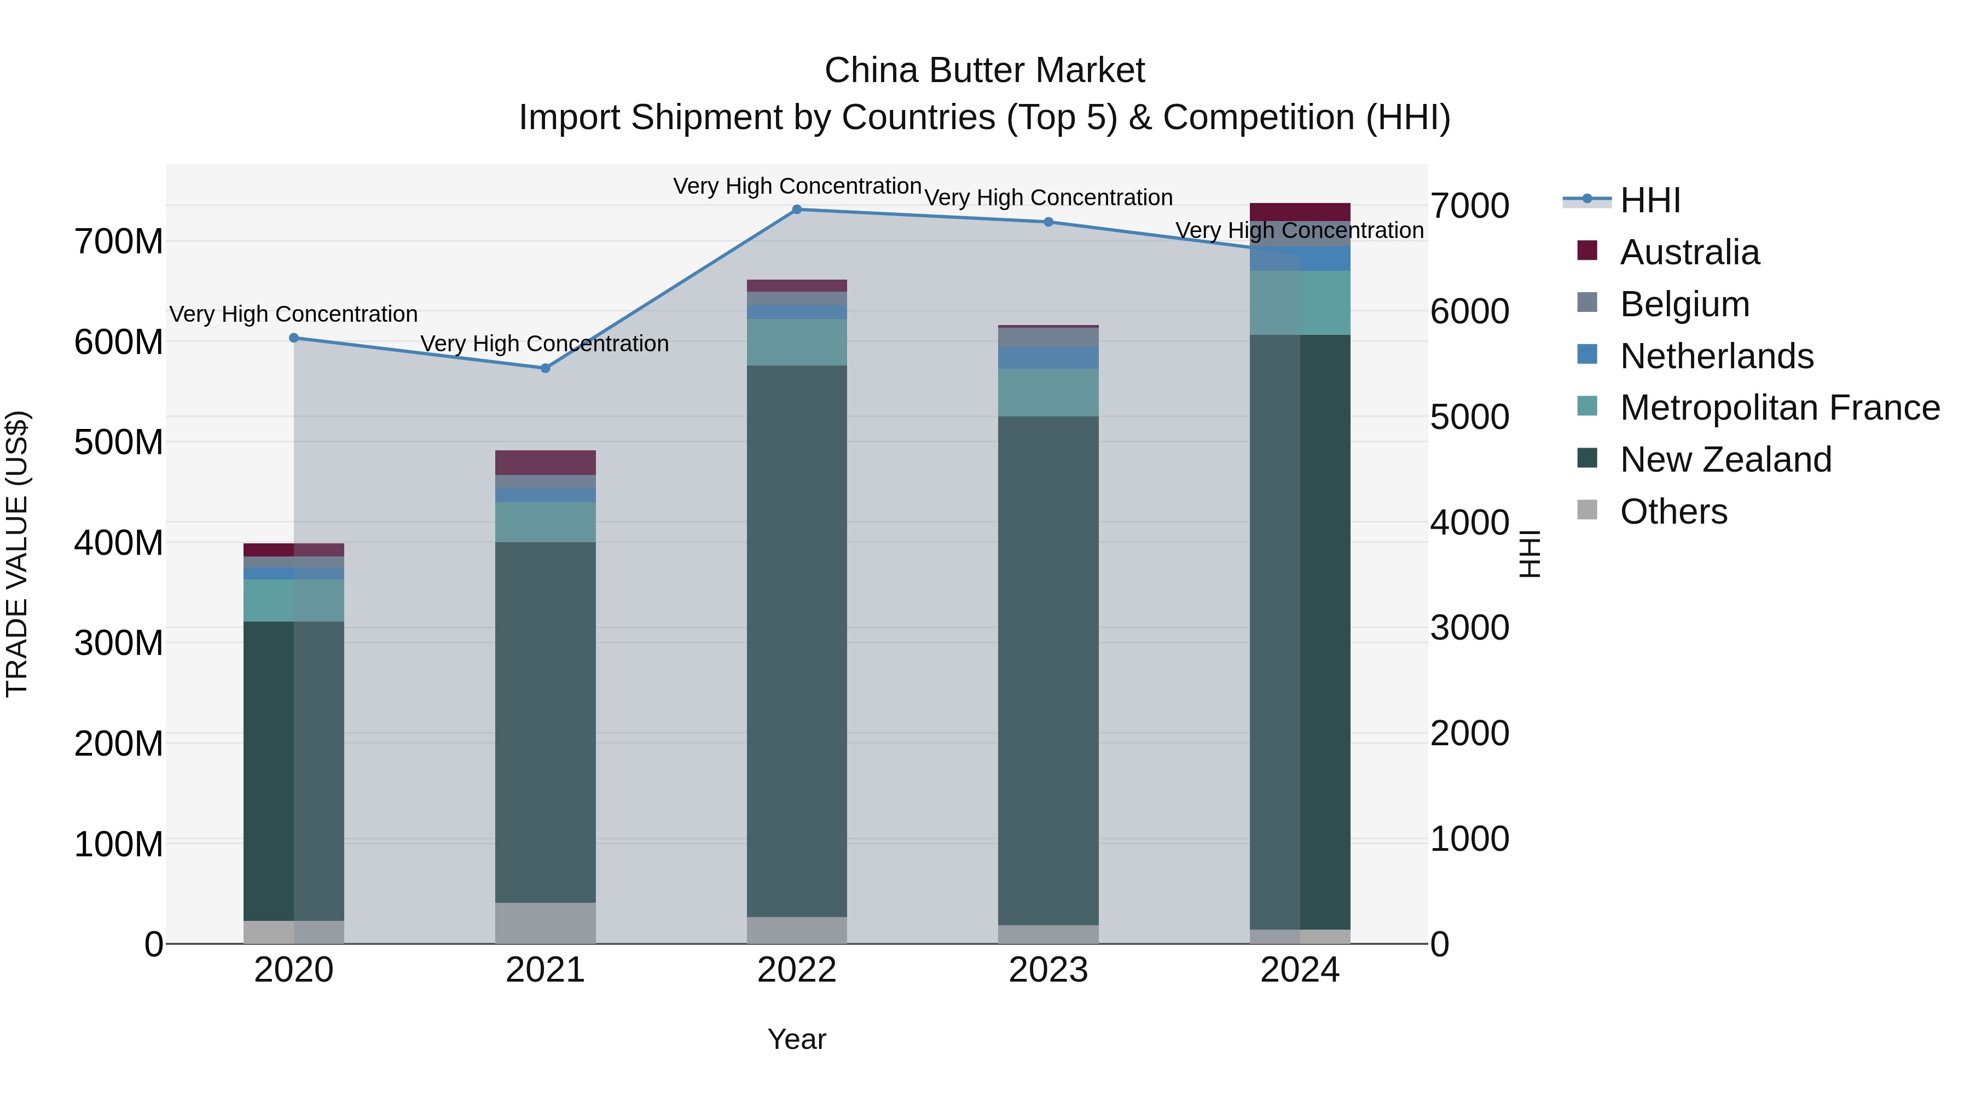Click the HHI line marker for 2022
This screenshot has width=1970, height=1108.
coord(797,210)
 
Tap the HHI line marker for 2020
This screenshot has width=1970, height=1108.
coord(294,338)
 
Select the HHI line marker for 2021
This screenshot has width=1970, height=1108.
coord(545,369)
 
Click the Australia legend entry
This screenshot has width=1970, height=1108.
coord(1689,252)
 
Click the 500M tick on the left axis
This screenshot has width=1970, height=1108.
coord(119,442)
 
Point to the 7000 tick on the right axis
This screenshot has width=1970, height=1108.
coord(1469,206)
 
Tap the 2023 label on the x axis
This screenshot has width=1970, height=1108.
coord(1048,970)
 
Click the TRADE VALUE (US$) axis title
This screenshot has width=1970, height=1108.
coord(17,554)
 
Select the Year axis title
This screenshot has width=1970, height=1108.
coord(797,1039)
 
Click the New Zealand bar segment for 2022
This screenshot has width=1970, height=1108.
coord(797,641)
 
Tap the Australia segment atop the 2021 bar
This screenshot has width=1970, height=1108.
coord(545,462)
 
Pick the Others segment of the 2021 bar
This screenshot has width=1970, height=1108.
coord(545,923)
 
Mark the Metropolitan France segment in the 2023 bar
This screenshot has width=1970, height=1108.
coord(1048,392)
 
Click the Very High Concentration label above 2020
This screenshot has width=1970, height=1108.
coord(294,314)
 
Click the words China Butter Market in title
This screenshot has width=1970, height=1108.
coord(984,71)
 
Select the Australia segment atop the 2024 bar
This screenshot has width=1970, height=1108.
coord(1300,212)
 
